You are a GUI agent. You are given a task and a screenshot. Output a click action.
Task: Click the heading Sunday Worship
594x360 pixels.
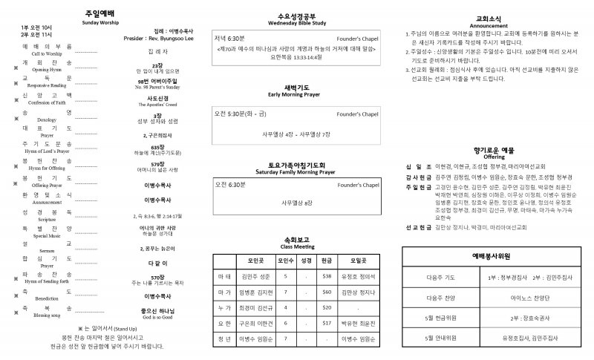[x=105, y=23]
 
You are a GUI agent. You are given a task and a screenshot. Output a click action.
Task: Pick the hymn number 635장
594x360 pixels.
[x=157, y=147]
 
